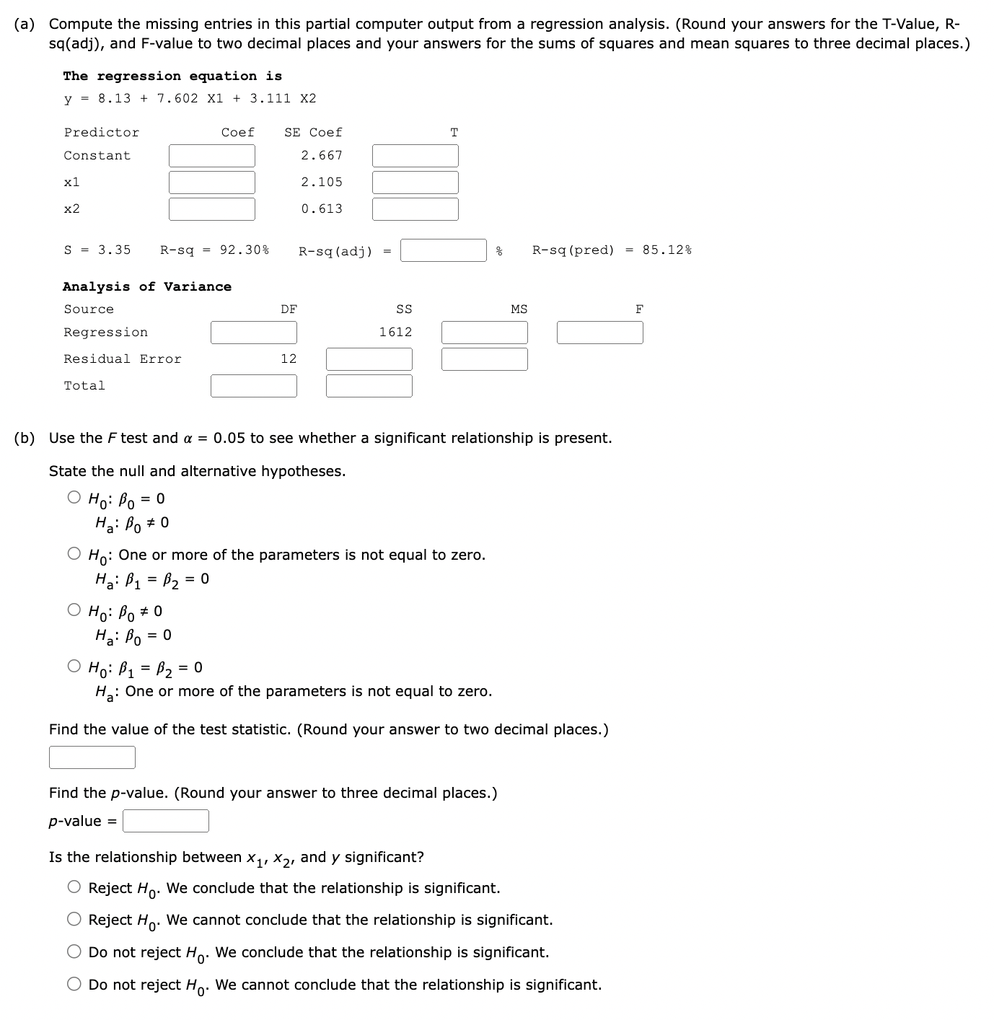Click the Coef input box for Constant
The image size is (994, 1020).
[x=211, y=156]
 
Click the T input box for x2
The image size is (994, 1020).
[x=415, y=209]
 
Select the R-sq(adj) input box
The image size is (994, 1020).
[x=443, y=250]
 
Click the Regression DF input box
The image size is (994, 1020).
[x=253, y=333]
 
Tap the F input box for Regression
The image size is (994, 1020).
[x=599, y=333]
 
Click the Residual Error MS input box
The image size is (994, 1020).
[x=484, y=359]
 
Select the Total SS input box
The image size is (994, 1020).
[x=369, y=386]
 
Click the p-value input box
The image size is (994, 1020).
[x=165, y=821]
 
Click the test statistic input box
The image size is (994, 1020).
[x=92, y=757]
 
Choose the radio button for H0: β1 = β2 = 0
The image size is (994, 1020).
[x=74, y=667]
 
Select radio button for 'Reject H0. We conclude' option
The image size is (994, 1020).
[x=74, y=887]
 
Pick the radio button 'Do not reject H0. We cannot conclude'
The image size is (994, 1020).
[x=74, y=984]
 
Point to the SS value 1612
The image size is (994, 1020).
[x=395, y=333]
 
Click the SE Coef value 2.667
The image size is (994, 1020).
[x=322, y=156]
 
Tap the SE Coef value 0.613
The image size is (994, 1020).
[x=322, y=209]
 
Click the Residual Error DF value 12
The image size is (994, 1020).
[x=289, y=359]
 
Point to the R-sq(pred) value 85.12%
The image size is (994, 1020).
[x=667, y=250]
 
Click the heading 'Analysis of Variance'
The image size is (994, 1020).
[x=147, y=287]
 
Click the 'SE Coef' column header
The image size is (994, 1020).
[x=313, y=133]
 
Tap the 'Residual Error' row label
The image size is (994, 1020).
[x=123, y=359]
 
